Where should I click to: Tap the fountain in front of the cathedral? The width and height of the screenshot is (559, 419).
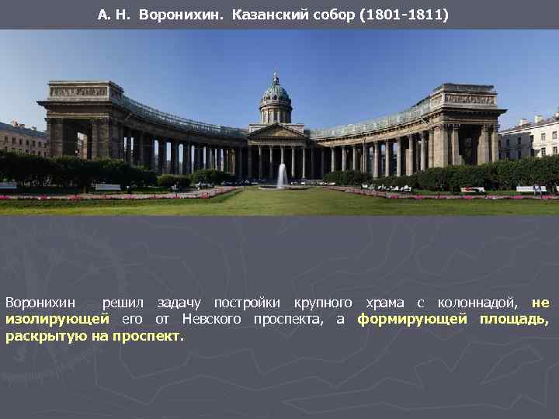(282, 177)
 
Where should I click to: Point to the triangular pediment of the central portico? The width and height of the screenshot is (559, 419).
(276, 132)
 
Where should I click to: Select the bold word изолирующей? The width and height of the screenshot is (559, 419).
(57, 319)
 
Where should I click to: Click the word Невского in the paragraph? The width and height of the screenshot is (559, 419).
(212, 319)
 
